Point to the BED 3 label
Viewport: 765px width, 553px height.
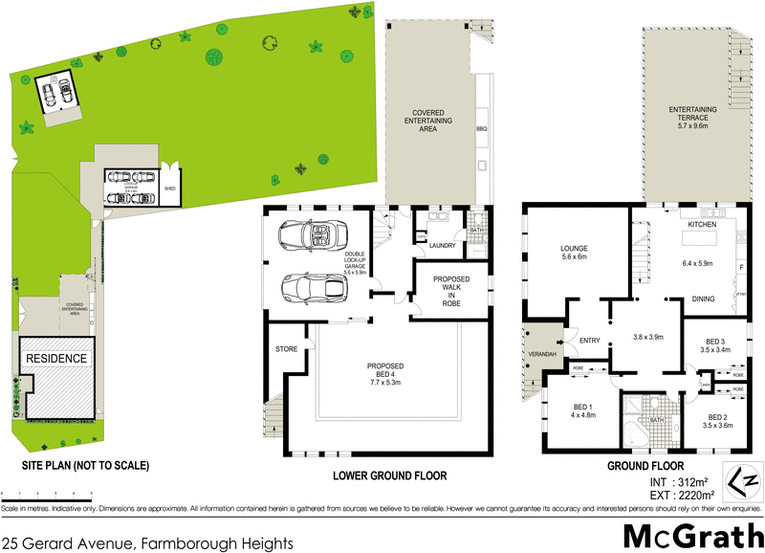[x=716, y=341]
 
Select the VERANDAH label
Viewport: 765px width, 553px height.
[x=542, y=354]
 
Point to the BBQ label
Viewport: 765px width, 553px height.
[x=481, y=127]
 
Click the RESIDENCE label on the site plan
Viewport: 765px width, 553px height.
[x=56, y=359]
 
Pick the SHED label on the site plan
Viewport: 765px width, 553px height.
[x=169, y=188]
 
